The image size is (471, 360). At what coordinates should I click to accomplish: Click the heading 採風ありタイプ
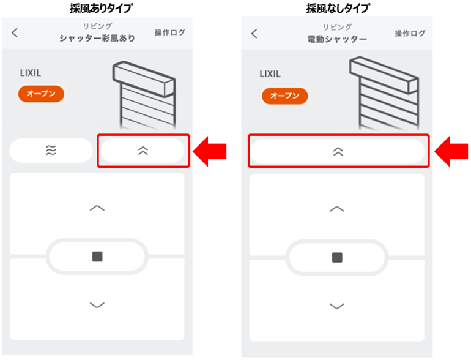click(101, 8)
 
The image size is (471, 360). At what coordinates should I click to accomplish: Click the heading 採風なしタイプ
click(338, 8)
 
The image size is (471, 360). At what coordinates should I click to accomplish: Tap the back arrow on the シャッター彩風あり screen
click(15, 32)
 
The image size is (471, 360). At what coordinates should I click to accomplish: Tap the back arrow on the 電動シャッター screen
click(254, 34)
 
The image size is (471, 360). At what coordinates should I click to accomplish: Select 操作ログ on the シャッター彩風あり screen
click(170, 32)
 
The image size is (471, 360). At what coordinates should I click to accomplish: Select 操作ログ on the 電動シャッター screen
click(410, 34)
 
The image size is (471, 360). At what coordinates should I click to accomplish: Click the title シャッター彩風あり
click(97, 38)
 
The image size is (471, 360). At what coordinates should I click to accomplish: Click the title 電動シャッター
click(337, 39)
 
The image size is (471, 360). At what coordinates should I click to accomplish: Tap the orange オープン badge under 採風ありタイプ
click(41, 94)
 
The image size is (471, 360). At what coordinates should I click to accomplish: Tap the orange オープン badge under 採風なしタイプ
click(285, 96)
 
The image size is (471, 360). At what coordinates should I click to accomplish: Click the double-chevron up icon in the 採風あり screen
click(143, 151)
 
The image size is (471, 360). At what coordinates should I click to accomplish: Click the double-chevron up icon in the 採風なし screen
click(338, 152)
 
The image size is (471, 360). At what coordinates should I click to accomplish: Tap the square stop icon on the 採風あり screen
click(97, 257)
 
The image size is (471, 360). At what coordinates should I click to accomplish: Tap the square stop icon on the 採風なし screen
click(337, 257)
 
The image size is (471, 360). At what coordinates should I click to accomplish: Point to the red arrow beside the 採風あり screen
click(209, 151)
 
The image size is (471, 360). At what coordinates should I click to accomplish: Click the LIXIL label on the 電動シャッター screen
click(270, 74)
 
